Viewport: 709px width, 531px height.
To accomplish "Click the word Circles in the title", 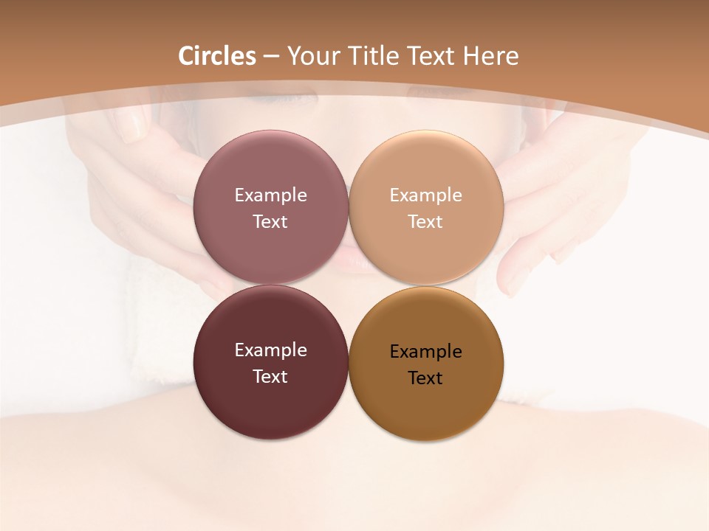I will tap(217, 56).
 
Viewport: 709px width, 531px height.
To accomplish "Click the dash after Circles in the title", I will tap(271, 57).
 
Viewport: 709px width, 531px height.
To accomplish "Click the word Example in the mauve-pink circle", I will tap(270, 195).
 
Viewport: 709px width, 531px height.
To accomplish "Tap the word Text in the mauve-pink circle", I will tap(270, 221).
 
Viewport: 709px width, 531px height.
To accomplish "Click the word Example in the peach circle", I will tap(425, 195).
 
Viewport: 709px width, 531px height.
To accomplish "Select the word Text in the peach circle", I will tap(425, 221).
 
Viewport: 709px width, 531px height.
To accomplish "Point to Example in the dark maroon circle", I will tap(270, 350).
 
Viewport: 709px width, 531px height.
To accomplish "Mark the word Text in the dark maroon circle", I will tap(270, 376).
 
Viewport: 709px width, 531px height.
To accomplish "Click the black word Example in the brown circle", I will tap(425, 352).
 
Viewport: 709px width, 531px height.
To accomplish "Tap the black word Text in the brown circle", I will tap(425, 378).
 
